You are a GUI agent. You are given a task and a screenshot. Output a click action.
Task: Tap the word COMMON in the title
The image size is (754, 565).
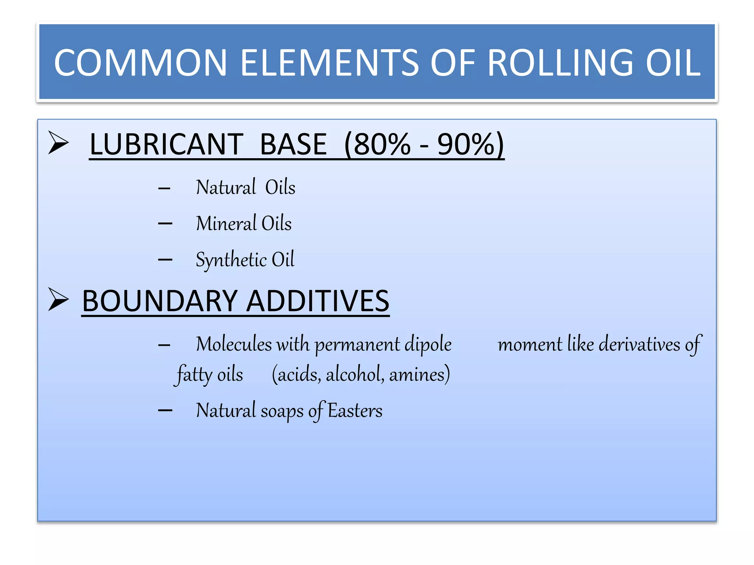[140, 63]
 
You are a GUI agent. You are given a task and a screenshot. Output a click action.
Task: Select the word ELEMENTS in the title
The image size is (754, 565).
[330, 63]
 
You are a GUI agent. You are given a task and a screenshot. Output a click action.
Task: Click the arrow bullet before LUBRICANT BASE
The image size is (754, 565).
[58, 143]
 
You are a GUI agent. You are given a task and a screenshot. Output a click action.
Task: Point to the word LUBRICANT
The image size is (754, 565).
[166, 144]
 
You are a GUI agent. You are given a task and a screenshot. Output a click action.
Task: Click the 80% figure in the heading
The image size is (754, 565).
[381, 144]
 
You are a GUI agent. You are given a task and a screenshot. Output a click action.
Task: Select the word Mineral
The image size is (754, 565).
[226, 224]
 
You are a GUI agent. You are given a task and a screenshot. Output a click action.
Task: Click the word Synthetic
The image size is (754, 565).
[231, 260]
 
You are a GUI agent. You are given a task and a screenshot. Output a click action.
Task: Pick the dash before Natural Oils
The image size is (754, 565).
[164, 188]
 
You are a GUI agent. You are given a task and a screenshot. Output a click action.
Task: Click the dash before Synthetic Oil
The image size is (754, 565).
[165, 260]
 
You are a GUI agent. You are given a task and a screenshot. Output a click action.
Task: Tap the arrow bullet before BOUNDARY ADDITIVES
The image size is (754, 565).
[58, 299]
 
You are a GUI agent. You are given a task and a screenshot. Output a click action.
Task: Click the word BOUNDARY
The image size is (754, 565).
[159, 301]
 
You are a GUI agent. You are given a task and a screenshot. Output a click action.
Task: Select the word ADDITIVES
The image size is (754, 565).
[318, 301]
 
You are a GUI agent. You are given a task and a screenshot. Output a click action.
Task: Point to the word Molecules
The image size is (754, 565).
[234, 345]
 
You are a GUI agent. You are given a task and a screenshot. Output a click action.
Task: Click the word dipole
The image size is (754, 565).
[428, 345]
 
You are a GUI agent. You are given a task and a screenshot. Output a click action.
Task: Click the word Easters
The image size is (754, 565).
[355, 411]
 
